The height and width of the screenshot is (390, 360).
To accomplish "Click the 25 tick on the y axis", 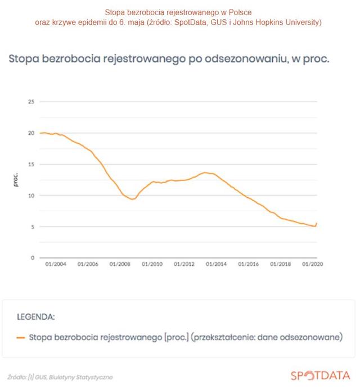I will point(31,102).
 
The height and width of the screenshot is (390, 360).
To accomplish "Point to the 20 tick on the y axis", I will point(31,133).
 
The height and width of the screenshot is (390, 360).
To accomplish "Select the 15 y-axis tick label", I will point(31,164).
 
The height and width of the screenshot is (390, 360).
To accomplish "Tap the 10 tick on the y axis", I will point(31,196).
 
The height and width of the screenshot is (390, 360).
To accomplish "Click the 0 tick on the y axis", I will point(33,258).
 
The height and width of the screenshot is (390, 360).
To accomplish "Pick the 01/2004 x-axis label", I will point(56,264).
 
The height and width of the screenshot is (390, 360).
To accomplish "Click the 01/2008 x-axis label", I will point(120,264).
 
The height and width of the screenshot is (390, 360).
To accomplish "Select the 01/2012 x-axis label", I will point(184,264).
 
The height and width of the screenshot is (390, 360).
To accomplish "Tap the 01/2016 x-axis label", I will point(248,264).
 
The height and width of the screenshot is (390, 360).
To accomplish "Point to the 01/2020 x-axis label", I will point(313,264).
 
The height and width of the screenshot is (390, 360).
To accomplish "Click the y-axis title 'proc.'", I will point(16,180).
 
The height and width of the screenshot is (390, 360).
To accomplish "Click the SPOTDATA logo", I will point(320,375).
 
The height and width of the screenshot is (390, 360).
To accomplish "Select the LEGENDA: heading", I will point(35,317).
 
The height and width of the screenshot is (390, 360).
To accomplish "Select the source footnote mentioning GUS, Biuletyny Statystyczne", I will point(60,377).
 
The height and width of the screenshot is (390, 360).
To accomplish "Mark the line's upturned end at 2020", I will point(317,224).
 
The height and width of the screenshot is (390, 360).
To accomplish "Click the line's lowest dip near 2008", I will point(132,199).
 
